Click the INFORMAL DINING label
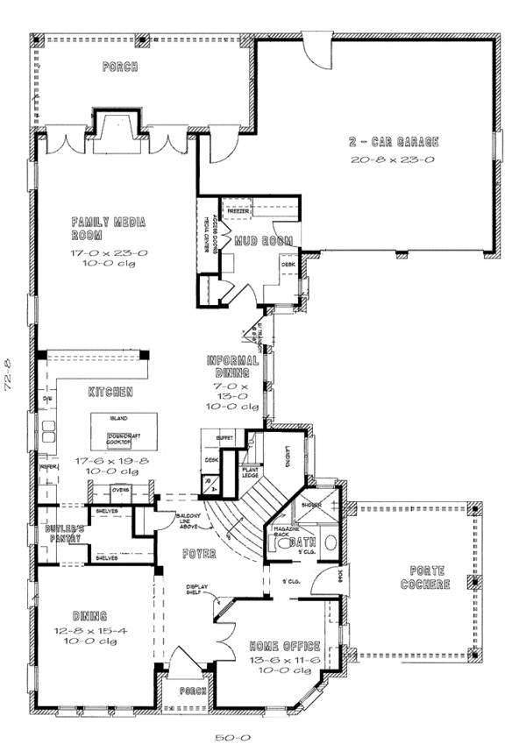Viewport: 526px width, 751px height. [x=232, y=366]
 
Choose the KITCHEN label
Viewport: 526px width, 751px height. [x=110, y=391]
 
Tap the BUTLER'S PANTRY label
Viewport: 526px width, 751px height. [x=64, y=535]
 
